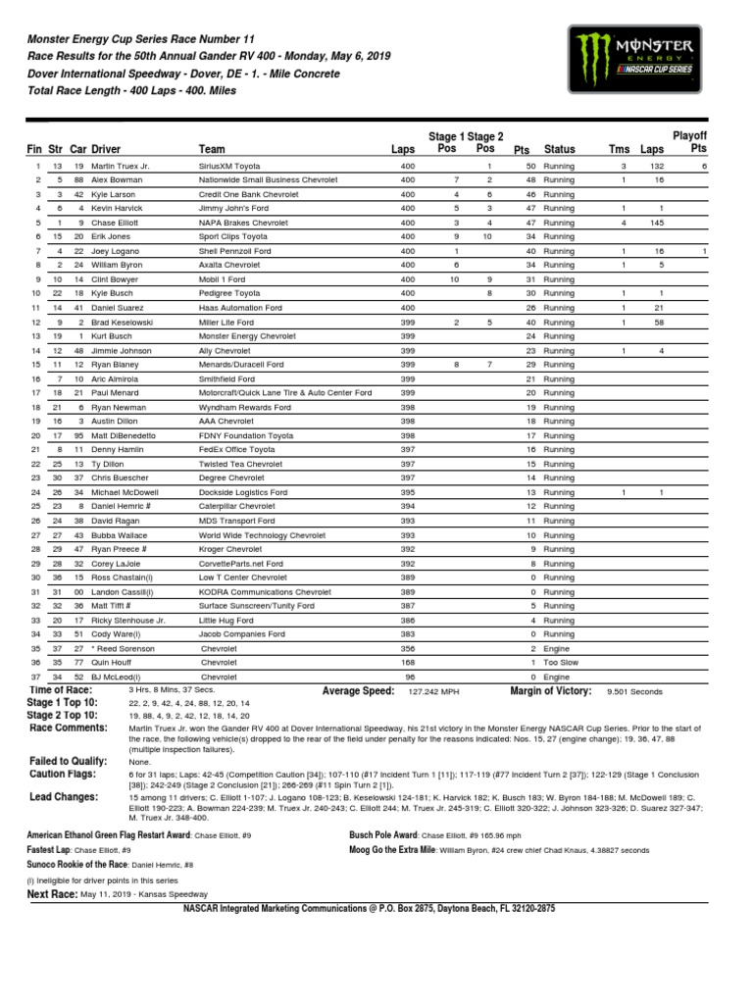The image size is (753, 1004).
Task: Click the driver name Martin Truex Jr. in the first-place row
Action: click(x=121, y=168)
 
